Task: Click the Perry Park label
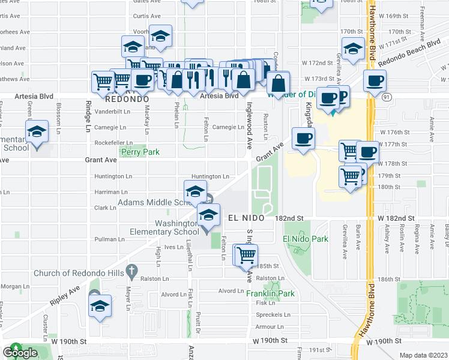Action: tap(140, 152)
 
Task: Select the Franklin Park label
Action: tap(270, 294)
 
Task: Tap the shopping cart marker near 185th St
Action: tap(246, 256)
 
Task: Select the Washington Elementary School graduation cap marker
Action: tap(208, 216)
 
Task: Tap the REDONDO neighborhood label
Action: tap(127, 98)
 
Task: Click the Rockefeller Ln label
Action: tap(113, 143)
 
